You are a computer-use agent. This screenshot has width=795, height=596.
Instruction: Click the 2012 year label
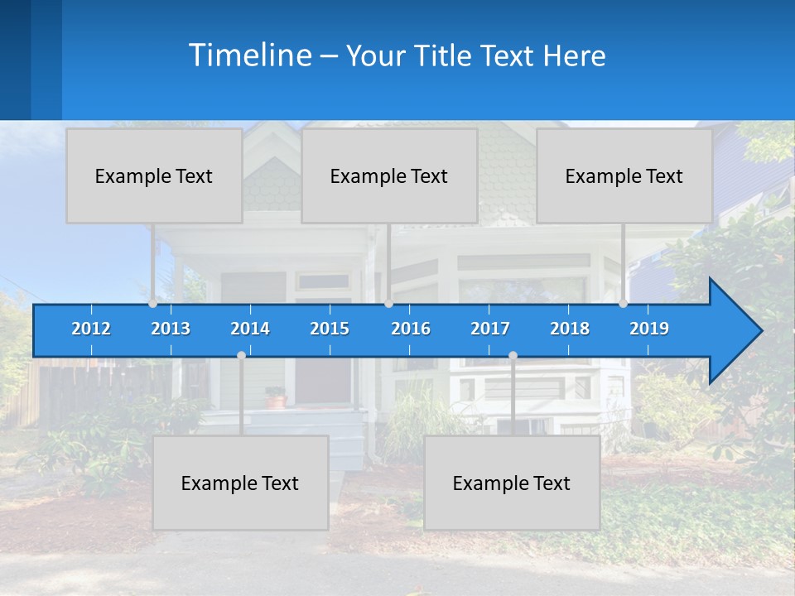[91, 329]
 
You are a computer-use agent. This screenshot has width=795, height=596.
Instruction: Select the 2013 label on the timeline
[171, 329]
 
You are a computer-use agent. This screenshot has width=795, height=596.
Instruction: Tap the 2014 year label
[250, 329]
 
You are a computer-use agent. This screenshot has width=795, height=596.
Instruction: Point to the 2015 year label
[330, 329]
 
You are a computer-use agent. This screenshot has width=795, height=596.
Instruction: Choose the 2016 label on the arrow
[411, 329]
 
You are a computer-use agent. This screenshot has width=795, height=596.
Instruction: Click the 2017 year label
[490, 329]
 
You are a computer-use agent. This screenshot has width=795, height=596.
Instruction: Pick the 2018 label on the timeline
[570, 329]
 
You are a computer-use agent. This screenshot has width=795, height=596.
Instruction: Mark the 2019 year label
[649, 329]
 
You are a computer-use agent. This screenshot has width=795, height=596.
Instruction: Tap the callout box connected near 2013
[154, 175]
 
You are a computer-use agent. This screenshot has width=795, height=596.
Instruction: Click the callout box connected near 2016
[389, 175]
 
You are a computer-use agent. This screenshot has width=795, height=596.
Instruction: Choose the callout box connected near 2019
[624, 175]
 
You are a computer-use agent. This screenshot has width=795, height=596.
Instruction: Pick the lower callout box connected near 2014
[240, 483]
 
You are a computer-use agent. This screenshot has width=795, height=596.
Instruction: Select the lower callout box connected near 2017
[512, 483]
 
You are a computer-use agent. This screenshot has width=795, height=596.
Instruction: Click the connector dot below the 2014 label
[241, 355]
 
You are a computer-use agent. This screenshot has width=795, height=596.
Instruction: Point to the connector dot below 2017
[513, 355]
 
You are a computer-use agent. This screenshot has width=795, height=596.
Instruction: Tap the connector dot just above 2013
[153, 304]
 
